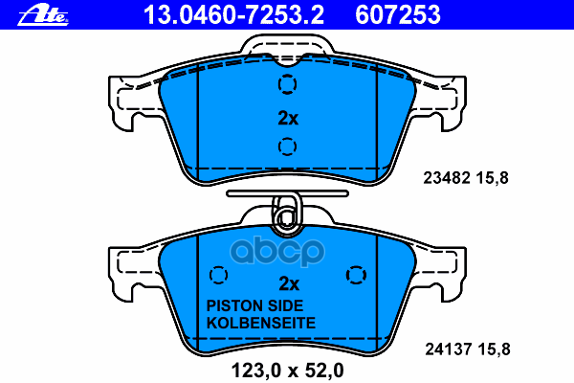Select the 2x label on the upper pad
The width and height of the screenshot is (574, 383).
point(288,119)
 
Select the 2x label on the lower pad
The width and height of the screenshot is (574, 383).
point(288,283)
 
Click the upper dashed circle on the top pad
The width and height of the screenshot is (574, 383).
point(287,86)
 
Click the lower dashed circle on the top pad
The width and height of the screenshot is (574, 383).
point(287,147)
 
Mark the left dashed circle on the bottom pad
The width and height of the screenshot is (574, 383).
point(219,276)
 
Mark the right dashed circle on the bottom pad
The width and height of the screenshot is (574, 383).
point(356,276)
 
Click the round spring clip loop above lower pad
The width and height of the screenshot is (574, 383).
point(285,219)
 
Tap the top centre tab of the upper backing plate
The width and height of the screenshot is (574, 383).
point(287,48)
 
